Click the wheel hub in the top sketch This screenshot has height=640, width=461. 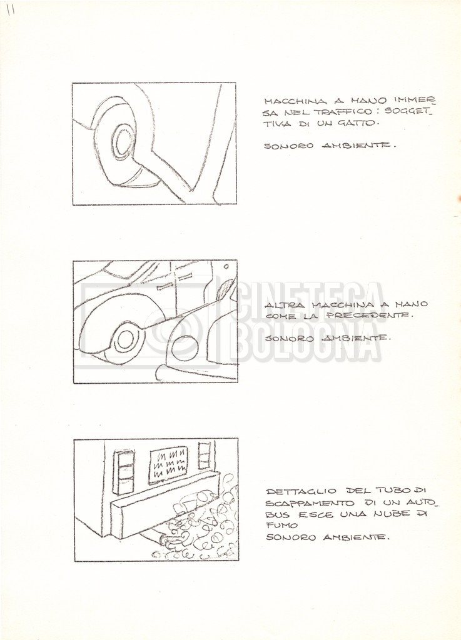(121, 142)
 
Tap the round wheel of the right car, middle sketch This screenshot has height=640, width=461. (185, 348)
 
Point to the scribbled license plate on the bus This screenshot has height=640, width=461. (168, 464)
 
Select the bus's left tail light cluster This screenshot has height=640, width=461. (123, 472)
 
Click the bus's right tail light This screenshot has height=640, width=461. (204, 455)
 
